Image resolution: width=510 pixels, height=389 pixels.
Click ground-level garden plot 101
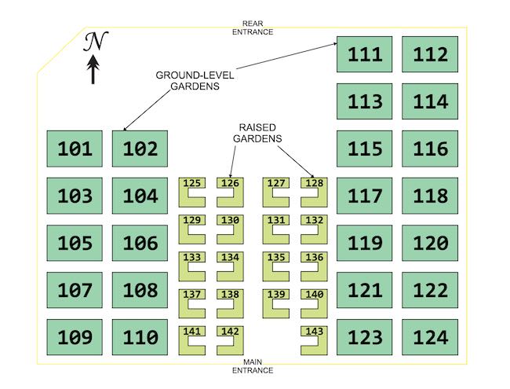[75, 149]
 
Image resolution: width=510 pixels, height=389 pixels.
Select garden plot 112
[430, 54]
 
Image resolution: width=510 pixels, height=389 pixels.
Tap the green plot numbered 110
[140, 337]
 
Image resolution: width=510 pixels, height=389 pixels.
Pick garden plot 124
[430, 337]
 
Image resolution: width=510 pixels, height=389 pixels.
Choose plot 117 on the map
[364, 196]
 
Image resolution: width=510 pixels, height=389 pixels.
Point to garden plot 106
[140, 243]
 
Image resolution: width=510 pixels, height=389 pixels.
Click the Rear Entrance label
[253, 28]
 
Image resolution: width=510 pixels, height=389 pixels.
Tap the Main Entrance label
[253, 366]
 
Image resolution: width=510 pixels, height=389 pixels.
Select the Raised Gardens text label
[257, 133]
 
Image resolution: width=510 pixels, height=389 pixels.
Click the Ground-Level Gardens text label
[195, 80]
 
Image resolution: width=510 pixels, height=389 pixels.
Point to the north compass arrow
[93, 69]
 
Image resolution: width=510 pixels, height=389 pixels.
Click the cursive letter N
[96, 42]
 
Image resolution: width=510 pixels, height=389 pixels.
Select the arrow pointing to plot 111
[286, 56]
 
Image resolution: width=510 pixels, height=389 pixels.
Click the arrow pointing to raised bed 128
[296, 162]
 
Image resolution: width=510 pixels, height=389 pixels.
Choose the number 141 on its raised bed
[192, 332]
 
